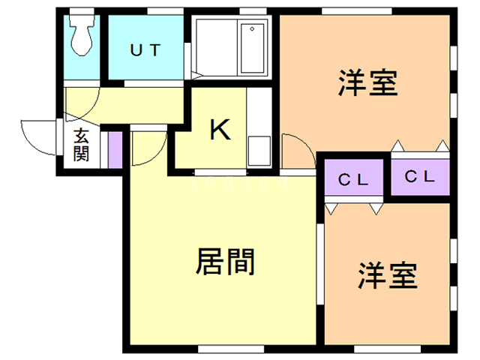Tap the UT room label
[145, 51]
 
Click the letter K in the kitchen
[219, 130]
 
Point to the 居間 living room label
[225, 262]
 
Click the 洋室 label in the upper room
[367, 82]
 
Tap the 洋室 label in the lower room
[386, 275]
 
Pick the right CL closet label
[420, 177]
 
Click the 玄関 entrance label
[81, 145]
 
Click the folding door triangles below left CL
[352, 206]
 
